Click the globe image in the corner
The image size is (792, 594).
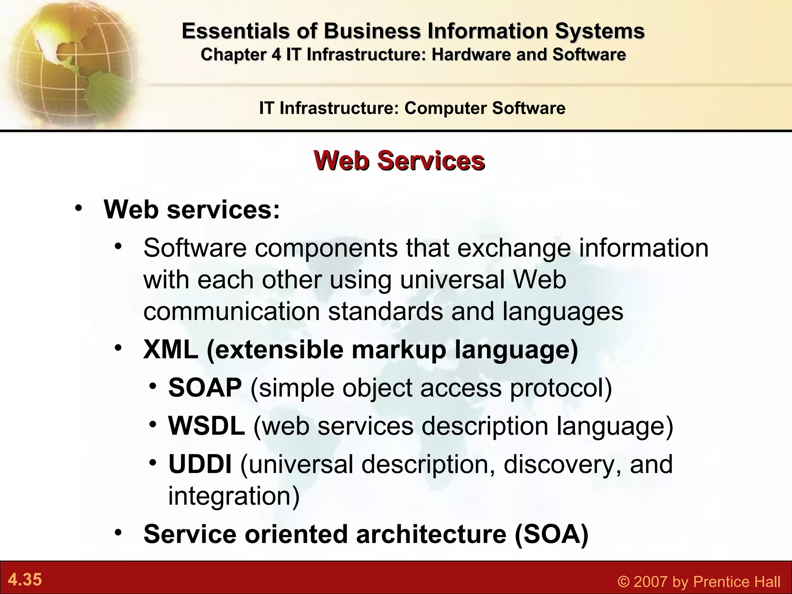click(70, 62)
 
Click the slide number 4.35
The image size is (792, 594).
click(25, 580)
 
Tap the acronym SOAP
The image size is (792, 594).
click(205, 387)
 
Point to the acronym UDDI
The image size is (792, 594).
click(200, 464)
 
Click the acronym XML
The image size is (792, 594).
click(171, 350)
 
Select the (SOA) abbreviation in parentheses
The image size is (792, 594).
click(551, 534)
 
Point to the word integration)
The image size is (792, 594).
click(234, 496)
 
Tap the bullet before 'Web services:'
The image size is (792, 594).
click(79, 208)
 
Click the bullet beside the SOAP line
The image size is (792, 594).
click(154, 386)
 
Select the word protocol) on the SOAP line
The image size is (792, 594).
click(561, 387)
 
